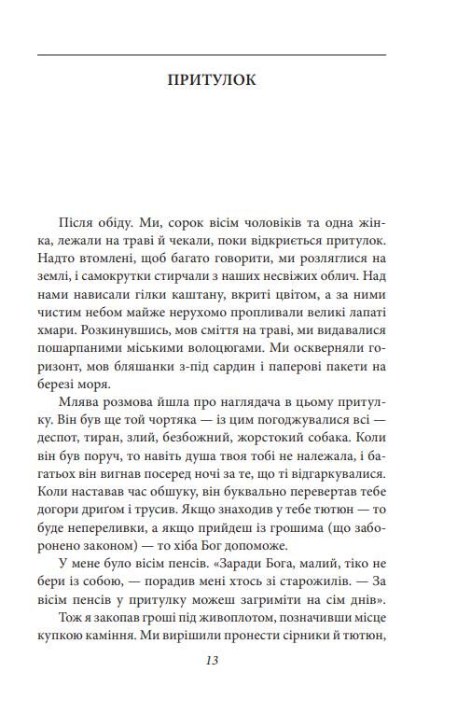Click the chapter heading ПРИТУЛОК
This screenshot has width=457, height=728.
coord(211,81)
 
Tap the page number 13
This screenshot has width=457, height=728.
coord(211,661)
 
